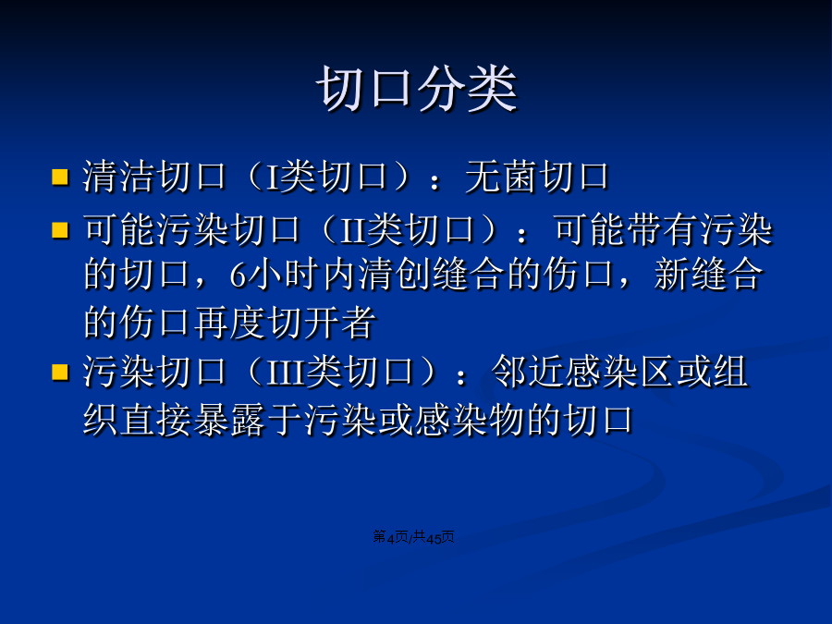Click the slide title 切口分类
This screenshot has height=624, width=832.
tap(417, 88)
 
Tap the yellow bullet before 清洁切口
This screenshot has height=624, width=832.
tap(60, 177)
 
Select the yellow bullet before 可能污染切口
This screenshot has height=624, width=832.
tap(60, 230)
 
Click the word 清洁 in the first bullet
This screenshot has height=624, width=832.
tap(119, 177)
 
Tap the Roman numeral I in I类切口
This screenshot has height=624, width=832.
tap(273, 177)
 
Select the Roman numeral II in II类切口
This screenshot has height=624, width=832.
tap(353, 231)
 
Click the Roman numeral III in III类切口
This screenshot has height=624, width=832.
tap(286, 373)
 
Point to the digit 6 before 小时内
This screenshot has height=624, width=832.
tap(238, 275)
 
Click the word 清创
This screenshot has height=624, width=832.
tap(396, 275)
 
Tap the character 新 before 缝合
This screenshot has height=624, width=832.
tap(671, 275)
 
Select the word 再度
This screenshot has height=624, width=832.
tap(230, 323)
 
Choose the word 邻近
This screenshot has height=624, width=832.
tap(528, 372)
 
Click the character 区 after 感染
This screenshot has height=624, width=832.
tap(657, 372)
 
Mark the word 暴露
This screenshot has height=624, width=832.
tap(230, 421)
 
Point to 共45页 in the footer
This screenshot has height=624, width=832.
tap(434, 537)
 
